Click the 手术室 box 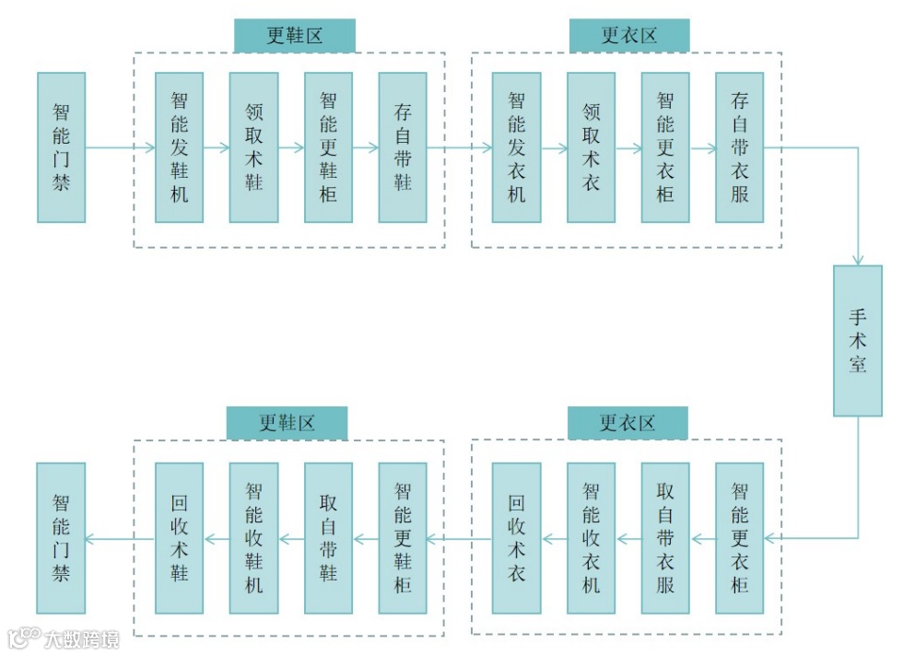coord(857,341)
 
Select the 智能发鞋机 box coord(179,147)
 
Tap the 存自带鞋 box coord(403,147)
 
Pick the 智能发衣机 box coord(516,147)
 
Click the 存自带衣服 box coord(739,147)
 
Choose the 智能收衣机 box coord(591,538)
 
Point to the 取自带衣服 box coord(665,538)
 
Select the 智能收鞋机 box coord(253,538)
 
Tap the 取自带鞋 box coord(328,538)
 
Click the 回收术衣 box coord(516,538)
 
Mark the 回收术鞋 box coord(179,538)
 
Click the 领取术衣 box coord(591,147)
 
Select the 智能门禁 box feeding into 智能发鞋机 coord(61,147)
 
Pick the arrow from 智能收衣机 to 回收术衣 coord(553,538)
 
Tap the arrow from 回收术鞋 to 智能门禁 coord(120,538)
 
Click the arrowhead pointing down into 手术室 coord(858,261)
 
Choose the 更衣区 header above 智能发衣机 coord(628,36)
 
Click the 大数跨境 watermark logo coord(64,638)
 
